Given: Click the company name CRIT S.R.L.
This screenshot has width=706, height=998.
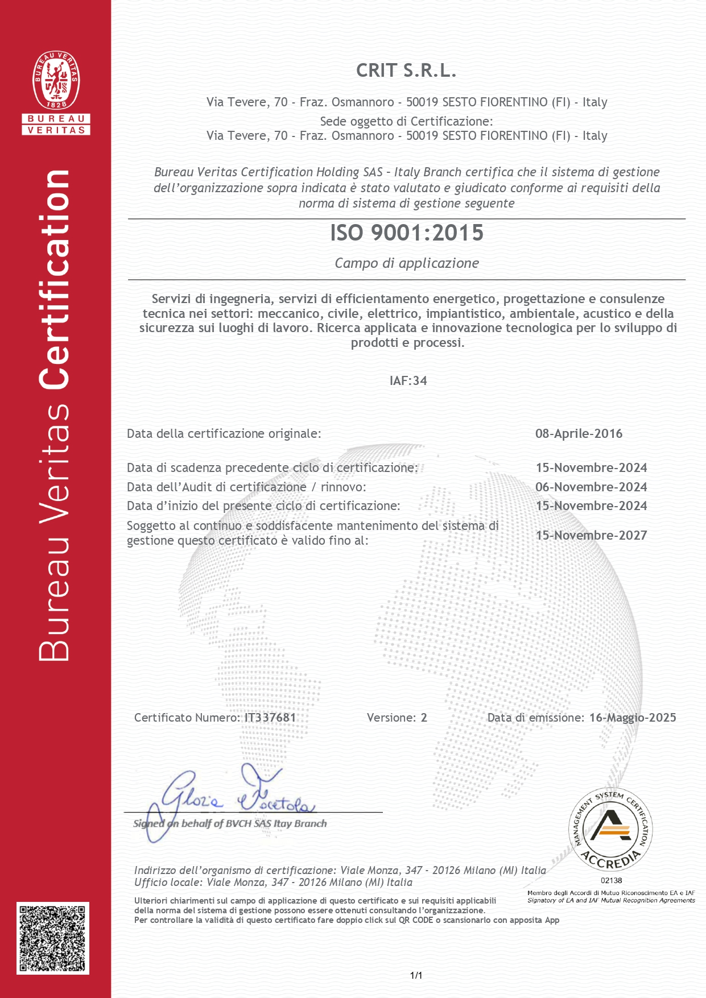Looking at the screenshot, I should tap(406, 71).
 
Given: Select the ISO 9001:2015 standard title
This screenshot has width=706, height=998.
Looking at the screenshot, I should tap(407, 233).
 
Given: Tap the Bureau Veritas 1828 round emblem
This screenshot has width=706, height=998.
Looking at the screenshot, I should tap(56, 80).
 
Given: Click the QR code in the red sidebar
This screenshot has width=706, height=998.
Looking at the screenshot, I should tap(53, 938).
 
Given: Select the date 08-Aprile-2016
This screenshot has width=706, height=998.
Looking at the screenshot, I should tap(579, 433).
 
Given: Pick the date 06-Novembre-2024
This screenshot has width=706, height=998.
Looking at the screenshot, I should tap(591, 487).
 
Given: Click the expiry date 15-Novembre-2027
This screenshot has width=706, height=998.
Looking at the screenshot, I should tap(591, 535).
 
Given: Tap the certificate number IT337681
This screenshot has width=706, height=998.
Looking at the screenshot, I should tap(270, 718).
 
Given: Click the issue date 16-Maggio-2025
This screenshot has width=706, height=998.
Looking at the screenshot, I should tap(633, 718).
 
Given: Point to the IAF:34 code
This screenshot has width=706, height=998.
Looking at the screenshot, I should tap(408, 380).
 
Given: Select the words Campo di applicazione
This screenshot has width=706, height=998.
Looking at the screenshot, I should tap(407, 263).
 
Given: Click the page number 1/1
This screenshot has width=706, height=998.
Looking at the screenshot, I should tap(416, 975).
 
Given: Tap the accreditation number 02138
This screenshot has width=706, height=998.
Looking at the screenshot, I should tap(611, 880).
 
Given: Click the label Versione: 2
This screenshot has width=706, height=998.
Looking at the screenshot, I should tap(397, 718).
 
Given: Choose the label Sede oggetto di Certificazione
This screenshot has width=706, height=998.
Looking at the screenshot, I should tap(406, 121).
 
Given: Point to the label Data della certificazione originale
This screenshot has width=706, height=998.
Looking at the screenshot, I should tap(224, 433).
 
